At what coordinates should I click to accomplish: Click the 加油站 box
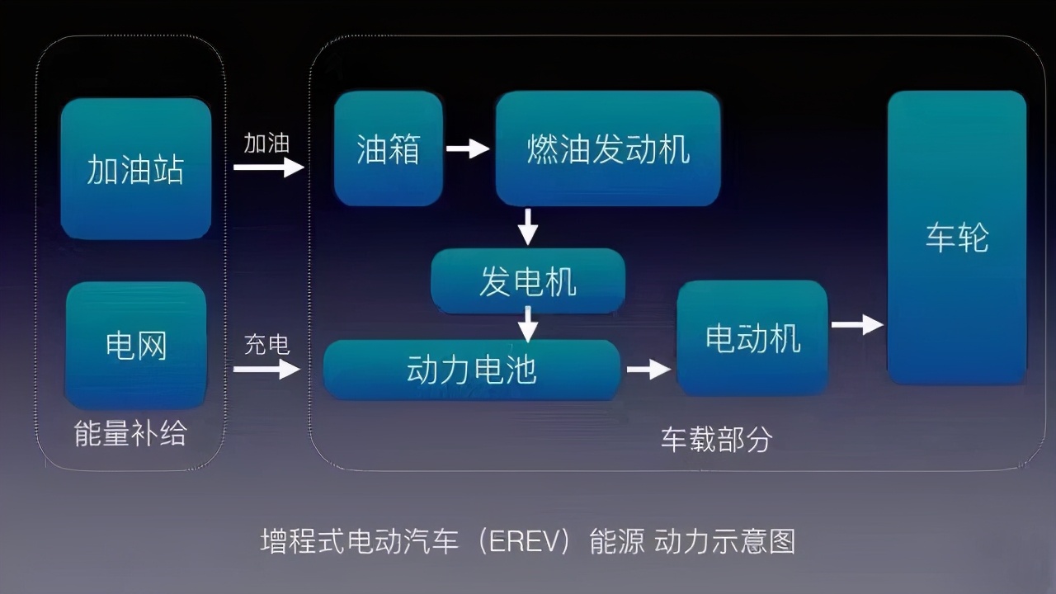[136, 169]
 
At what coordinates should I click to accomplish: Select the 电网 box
[136, 345]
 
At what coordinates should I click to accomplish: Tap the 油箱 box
[388, 148]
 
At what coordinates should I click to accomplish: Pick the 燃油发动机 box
[608, 148]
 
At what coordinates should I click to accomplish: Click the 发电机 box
[528, 281]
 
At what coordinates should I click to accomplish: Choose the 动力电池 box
[471, 370]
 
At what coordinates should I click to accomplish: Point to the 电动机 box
[752, 337]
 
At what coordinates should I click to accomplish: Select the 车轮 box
[957, 238]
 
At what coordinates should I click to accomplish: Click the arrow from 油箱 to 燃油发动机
[468, 148]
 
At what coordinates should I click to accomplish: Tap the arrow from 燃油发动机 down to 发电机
[528, 226]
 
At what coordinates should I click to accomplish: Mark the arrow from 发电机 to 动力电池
[528, 323]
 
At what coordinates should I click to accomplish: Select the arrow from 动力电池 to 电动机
[648, 369]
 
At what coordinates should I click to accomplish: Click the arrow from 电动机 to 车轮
[857, 324]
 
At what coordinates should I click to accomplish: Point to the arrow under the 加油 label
[268, 167]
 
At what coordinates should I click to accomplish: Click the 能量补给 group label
[130, 434]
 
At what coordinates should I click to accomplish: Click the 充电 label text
[266, 345]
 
